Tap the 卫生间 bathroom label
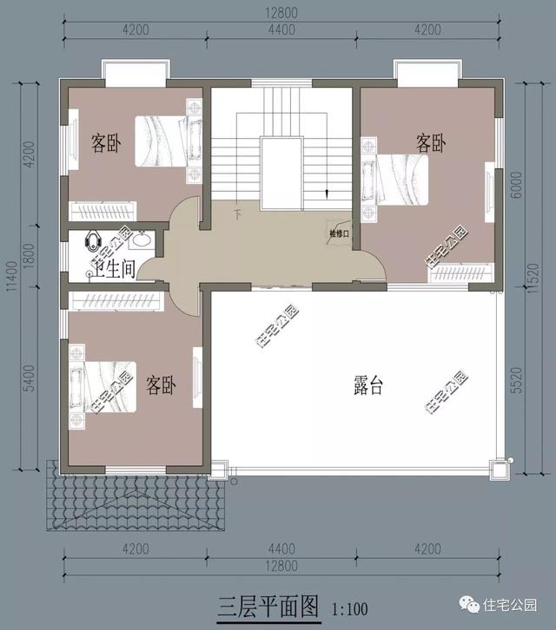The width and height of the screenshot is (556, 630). (x=114, y=269)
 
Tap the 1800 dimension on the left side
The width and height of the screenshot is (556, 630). (x=30, y=257)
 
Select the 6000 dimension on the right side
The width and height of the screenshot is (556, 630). (x=519, y=185)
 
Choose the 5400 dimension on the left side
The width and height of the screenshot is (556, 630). (x=30, y=381)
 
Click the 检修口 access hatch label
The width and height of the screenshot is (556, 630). (x=339, y=233)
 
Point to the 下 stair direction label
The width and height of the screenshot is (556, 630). (x=236, y=212)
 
